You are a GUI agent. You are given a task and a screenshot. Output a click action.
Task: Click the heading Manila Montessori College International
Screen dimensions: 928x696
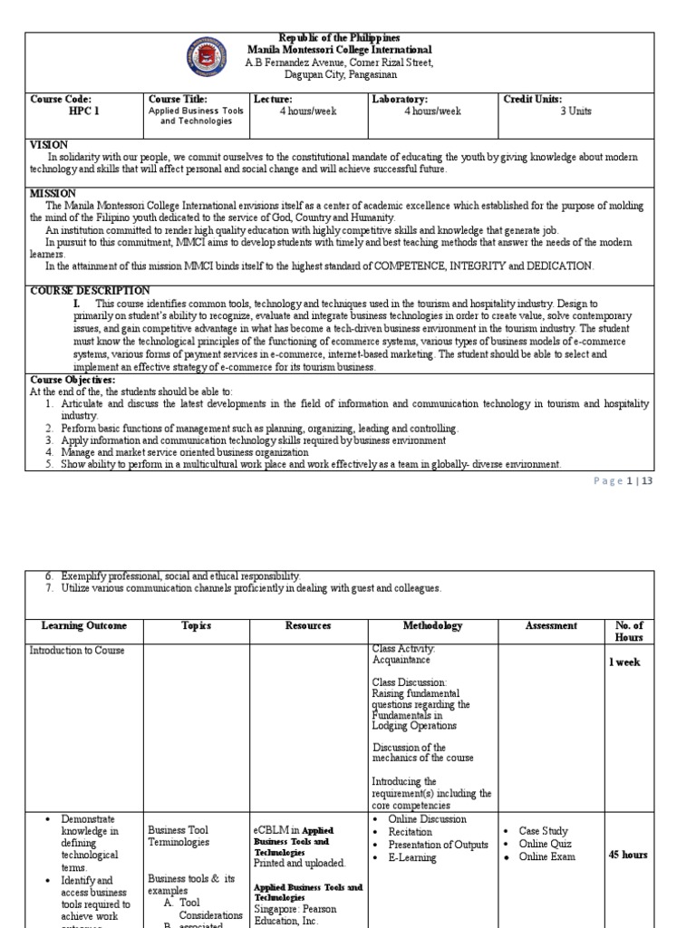(x=340, y=50)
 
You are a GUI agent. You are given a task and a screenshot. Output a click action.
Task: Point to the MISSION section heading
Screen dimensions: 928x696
(x=53, y=194)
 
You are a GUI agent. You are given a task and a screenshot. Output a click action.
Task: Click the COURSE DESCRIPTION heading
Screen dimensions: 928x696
(x=90, y=291)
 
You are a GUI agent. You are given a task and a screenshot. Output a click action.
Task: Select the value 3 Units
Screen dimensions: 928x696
(x=575, y=111)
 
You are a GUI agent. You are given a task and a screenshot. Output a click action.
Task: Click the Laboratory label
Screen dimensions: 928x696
(x=400, y=99)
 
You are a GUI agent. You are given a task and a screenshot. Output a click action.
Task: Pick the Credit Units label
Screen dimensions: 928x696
(x=533, y=99)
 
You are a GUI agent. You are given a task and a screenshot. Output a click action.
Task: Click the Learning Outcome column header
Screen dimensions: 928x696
(x=84, y=625)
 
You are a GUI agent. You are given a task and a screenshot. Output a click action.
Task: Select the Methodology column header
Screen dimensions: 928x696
(x=432, y=625)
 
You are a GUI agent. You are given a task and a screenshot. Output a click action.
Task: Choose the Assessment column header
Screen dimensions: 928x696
(x=551, y=625)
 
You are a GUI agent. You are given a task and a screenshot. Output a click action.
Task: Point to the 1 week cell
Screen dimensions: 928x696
(x=624, y=662)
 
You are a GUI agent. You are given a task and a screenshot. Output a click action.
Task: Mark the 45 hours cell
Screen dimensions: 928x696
(x=627, y=855)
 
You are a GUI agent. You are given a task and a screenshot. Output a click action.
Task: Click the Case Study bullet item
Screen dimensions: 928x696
(x=543, y=831)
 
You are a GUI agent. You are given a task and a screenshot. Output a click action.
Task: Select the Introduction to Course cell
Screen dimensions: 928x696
(x=77, y=651)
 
